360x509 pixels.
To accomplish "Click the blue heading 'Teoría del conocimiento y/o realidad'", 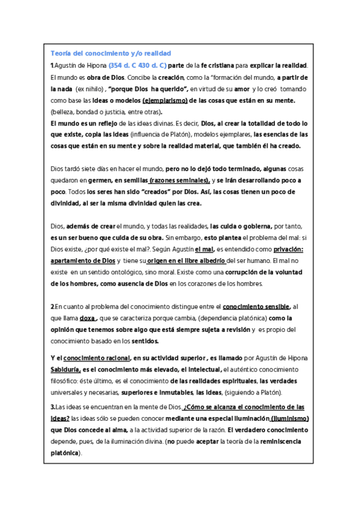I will click(x=111, y=53).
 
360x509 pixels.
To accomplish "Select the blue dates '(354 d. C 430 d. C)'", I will click(x=137, y=65).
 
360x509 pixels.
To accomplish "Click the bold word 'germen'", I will click(x=100, y=181).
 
